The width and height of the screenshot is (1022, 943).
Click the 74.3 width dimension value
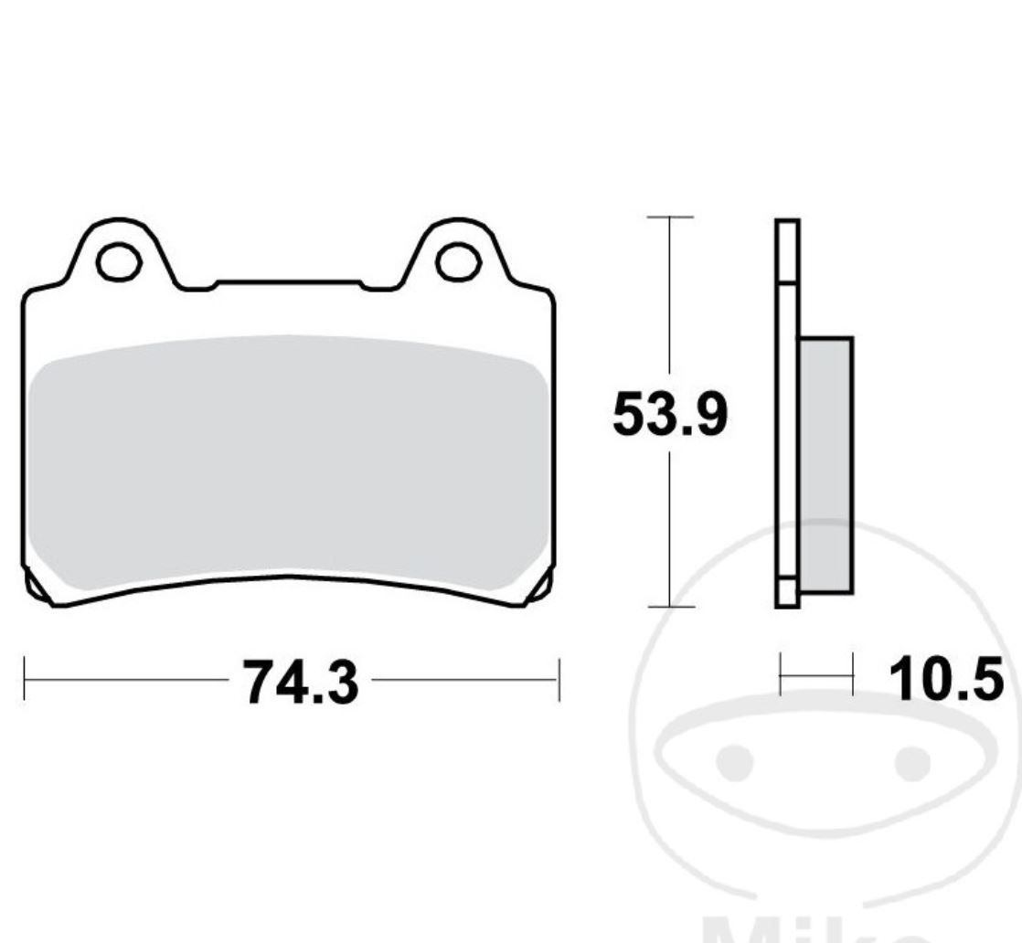coord(300,683)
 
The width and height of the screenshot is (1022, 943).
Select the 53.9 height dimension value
coord(670,417)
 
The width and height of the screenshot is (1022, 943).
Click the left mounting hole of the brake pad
coord(118,262)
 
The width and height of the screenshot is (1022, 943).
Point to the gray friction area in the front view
coord(288,466)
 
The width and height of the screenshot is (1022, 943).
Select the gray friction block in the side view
coord(825,465)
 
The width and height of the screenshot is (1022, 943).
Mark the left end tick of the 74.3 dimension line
coord(25,680)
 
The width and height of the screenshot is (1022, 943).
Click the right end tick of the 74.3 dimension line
coord(558,680)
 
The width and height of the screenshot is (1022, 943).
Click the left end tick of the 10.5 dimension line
coord(781,674)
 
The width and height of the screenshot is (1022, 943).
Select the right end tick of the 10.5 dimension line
coord(852,674)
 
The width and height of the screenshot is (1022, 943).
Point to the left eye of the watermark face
coord(735,762)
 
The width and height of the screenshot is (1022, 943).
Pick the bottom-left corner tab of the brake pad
coord(35,588)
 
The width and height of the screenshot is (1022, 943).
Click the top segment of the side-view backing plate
coord(787,251)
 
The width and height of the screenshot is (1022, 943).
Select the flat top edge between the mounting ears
coord(288,282)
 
